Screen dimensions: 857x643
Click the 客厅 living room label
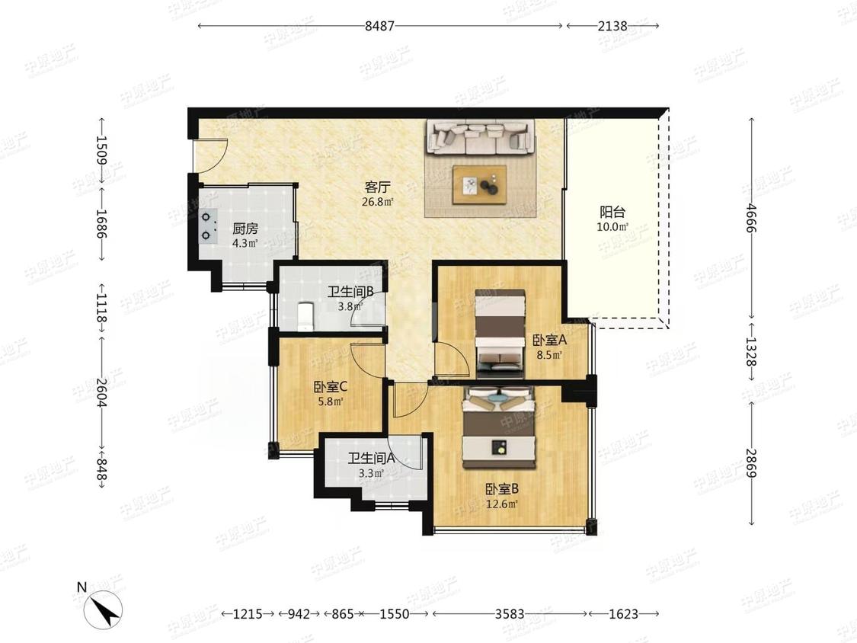point(378,187)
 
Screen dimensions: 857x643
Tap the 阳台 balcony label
point(612,212)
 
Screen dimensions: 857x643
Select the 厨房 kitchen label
point(245,229)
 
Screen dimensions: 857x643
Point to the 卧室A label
point(550,341)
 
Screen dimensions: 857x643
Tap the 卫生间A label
point(371,459)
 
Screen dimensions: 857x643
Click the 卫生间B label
point(350,293)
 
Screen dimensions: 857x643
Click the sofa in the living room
point(480,136)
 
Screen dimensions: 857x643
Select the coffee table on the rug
point(479,185)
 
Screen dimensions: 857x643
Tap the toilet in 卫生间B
point(305,316)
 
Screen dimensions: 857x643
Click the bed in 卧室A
point(500,334)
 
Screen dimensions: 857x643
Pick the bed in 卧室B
point(499,428)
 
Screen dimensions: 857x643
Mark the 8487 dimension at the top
point(380,26)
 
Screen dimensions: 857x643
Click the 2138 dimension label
point(612,26)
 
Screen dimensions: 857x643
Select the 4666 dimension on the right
point(752,218)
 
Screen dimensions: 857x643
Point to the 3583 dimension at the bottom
point(510,614)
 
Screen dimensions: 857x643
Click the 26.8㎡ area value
point(378,202)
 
